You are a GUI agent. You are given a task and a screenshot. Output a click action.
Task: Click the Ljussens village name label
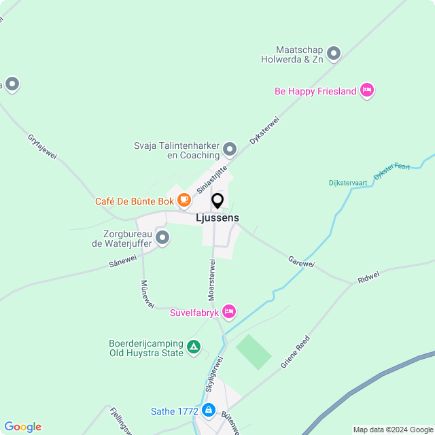[217, 217]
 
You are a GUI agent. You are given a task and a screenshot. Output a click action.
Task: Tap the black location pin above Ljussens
[217, 201]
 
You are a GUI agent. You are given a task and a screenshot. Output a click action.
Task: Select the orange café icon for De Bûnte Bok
[184, 200]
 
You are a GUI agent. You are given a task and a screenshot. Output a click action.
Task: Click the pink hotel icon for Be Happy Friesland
[367, 90]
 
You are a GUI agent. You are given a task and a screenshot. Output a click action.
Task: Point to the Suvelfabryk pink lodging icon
[229, 311]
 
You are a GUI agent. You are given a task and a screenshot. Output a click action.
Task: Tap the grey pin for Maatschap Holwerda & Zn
[333, 53]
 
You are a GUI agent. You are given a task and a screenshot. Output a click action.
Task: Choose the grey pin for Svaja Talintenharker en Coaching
[230, 149]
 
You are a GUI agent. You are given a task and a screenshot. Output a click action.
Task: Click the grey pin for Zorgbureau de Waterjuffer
[162, 237]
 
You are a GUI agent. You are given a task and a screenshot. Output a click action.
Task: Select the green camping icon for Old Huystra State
[194, 347]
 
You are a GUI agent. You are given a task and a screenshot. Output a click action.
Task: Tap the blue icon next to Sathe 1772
[208, 411]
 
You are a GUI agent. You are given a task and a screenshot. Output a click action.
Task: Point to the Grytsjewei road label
[42, 146]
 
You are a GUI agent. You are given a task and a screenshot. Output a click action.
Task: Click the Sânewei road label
[123, 260]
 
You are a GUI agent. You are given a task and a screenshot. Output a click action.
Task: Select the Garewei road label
[301, 261]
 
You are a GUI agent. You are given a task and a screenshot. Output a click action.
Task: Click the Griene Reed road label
[296, 352]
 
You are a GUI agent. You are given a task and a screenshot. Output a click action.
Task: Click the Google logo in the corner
[22, 427]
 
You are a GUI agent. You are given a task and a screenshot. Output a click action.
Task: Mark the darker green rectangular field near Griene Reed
[254, 351]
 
